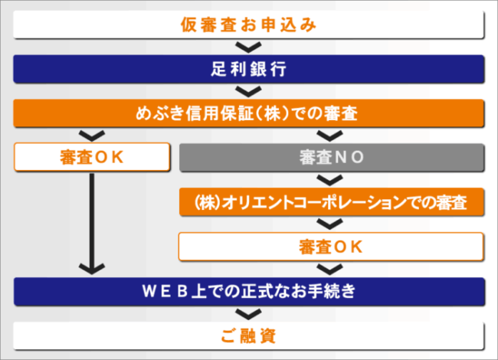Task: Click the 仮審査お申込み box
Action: coord(248,25)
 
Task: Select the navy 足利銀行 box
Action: coord(248,68)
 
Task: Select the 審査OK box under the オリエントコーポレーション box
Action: coord(331,247)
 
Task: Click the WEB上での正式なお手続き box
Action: coord(248,291)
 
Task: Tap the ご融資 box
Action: coord(248,335)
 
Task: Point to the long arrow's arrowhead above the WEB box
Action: coord(92,268)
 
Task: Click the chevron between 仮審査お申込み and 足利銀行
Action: coord(248,47)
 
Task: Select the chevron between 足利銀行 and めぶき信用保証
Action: coord(248,91)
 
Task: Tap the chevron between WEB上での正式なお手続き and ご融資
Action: coord(248,313)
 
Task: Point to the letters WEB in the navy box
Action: coord(165,291)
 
